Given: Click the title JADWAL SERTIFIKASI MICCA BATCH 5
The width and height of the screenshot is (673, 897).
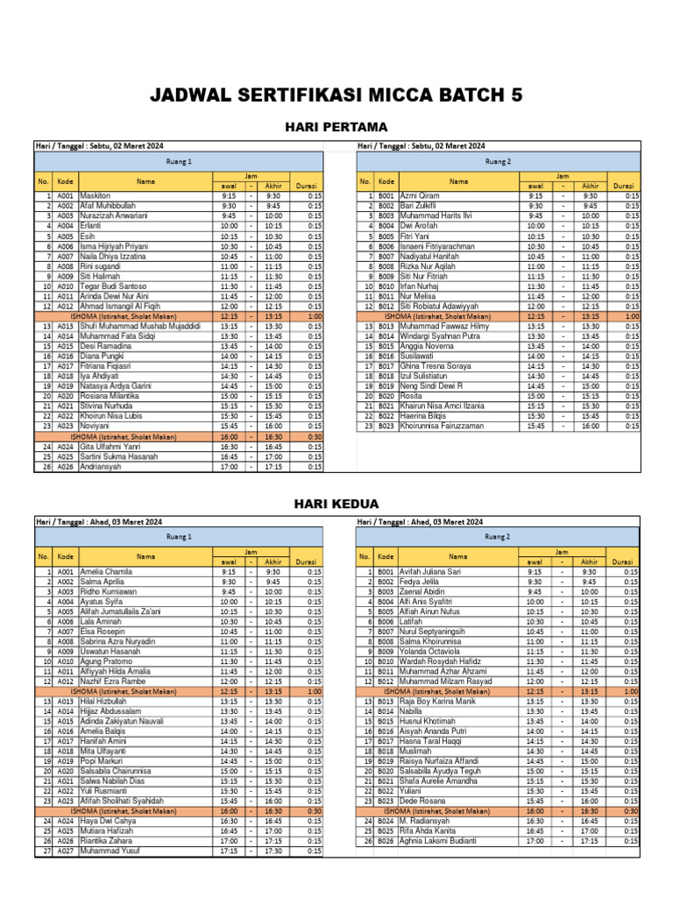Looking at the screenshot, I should click(336, 94).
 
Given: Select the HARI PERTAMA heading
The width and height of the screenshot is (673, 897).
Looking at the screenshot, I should click(336, 128).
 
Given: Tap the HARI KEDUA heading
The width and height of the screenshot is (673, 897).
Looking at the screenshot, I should click(336, 504).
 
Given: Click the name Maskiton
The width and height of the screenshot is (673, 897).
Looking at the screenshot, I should click(96, 195).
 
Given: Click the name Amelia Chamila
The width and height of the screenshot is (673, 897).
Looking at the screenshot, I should click(106, 571).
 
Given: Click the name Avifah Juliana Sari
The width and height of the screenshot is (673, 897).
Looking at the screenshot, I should click(430, 571).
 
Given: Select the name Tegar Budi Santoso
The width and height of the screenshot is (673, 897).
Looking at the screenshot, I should click(114, 286).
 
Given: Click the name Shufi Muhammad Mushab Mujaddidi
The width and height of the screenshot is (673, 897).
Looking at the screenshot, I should click(140, 326).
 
